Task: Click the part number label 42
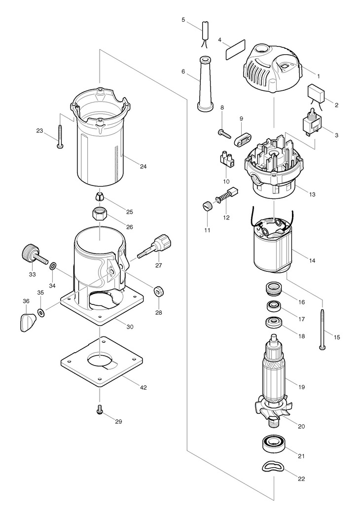tap(143, 388)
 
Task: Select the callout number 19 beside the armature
tap(301, 387)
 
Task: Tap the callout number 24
tap(143, 167)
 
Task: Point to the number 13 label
tap(312, 194)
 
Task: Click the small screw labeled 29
tap(99, 410)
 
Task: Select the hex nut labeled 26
tap(99, 215)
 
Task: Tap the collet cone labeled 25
tap(100, 197)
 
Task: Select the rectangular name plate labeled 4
tap(236, 49)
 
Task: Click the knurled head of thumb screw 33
tap(29, 252)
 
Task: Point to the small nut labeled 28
tap(159, 291)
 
